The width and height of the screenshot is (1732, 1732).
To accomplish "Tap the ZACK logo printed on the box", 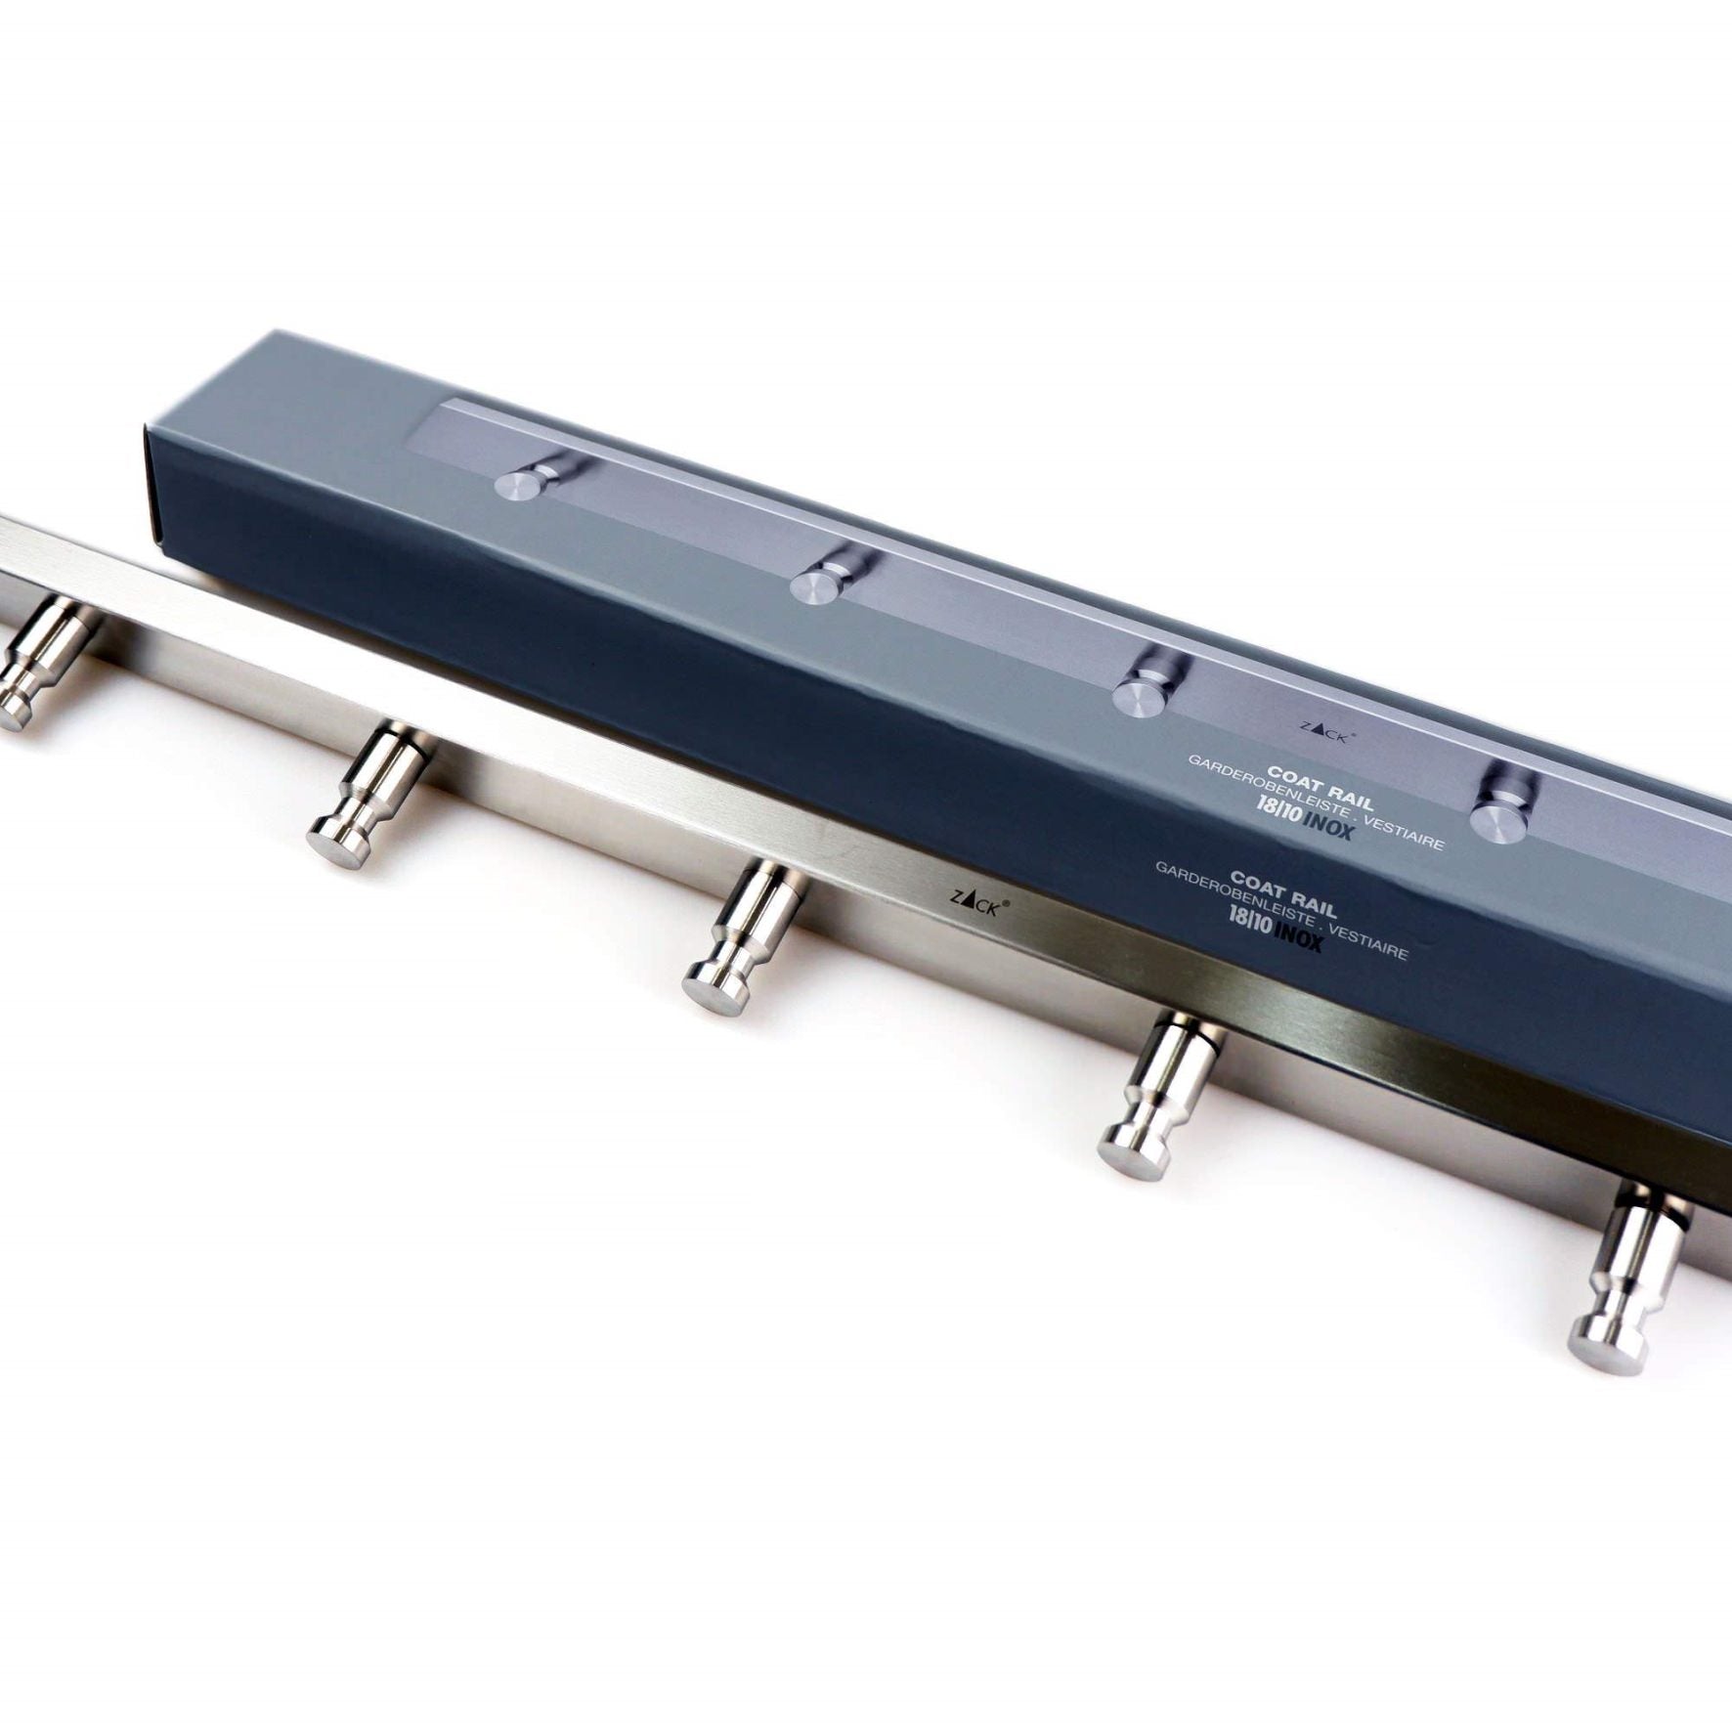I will (1325, 732).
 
